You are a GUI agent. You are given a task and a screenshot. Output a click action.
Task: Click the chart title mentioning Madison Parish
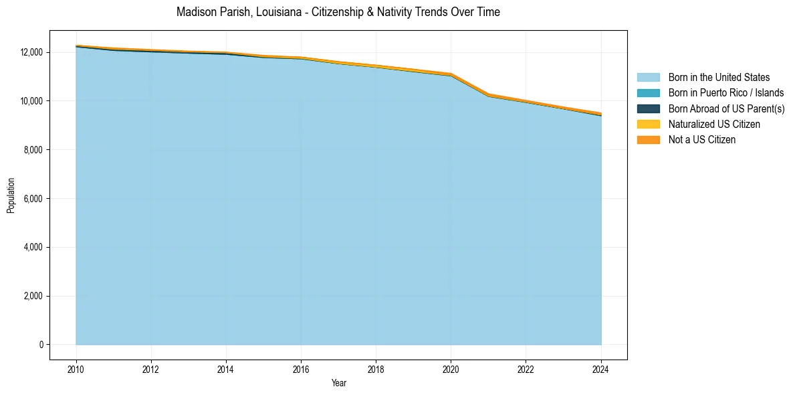[x=338, y=12]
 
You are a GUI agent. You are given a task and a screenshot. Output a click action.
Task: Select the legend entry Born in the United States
[x=719, y=78]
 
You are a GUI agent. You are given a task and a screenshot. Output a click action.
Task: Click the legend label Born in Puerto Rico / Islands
[x=726, y=93]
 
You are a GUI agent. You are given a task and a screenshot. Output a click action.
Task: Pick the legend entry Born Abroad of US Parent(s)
[x=726, y=108]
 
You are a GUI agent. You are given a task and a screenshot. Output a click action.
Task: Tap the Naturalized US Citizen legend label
[x=714, y=125]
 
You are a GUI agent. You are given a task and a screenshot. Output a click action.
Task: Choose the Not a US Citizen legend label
[x=701, y=140]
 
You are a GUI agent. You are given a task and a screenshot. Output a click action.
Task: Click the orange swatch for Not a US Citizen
[x=648, y=140]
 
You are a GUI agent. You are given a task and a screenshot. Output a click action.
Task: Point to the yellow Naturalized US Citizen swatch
[x=648, y=125]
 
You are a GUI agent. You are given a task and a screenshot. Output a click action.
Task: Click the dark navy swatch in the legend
[x=648, y=108]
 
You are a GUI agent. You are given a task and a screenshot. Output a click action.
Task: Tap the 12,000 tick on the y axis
[x=31, y=52]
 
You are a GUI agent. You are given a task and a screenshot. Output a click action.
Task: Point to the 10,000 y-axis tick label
[x=31, y=101]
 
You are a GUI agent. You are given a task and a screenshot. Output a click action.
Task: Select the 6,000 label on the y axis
[x=33, y=199]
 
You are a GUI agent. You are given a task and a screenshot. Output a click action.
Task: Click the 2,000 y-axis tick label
[x=33, y=296]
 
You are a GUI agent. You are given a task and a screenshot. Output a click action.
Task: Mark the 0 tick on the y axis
[x=41, y=345]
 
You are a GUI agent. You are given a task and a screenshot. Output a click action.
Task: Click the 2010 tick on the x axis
[x=76, y=370]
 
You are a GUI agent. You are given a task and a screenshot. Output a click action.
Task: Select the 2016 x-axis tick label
[x=301, y=370]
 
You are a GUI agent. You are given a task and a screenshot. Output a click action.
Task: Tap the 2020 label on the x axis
[x=451, y=370]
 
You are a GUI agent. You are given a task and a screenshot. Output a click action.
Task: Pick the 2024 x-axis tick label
[x=601, y=370]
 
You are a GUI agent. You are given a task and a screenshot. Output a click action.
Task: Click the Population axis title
[x=11, y=195]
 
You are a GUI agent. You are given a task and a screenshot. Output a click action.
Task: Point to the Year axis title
[x=338, y=384]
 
